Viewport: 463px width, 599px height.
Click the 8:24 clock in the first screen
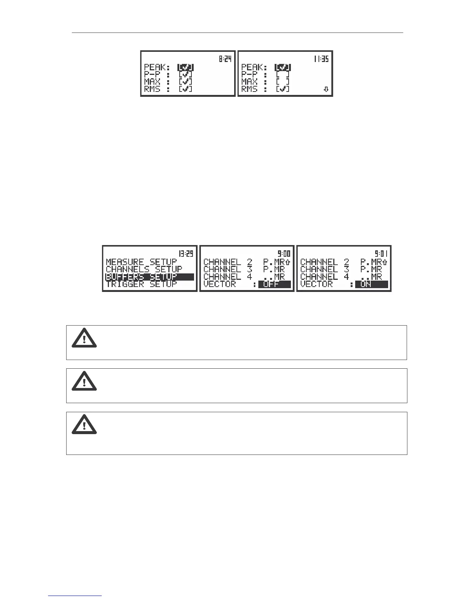[x=225, y=59]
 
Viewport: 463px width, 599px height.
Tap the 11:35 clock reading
[x=321, y=59]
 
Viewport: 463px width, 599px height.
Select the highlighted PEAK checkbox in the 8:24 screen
[x=186, y=67]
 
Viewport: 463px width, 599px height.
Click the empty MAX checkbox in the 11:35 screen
[x=283, y=82]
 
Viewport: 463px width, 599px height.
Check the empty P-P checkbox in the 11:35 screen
[x=283, y=74]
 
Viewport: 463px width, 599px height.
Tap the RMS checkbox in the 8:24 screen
[x=186, y=89]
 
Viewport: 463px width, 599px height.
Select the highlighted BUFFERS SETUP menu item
[x=149, y=277]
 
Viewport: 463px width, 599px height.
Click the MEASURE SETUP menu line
[x=141, y=262]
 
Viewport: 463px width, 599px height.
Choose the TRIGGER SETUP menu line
[x=141, y=284]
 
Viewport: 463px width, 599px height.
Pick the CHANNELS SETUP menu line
[x=144, y=269]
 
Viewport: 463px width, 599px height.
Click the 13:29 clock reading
[x=186, y=254]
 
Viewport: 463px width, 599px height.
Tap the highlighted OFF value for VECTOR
[x=274, y=284]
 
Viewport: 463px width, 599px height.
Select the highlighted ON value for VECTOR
[x=371, y=284]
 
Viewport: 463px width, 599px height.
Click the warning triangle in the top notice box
[x=84, y=338]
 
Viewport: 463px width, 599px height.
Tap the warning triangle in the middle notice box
[x=84, y=381]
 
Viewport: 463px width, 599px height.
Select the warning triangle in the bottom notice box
[x=84, y=424]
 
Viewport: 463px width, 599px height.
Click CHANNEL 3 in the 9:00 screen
[x=227, y=269]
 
